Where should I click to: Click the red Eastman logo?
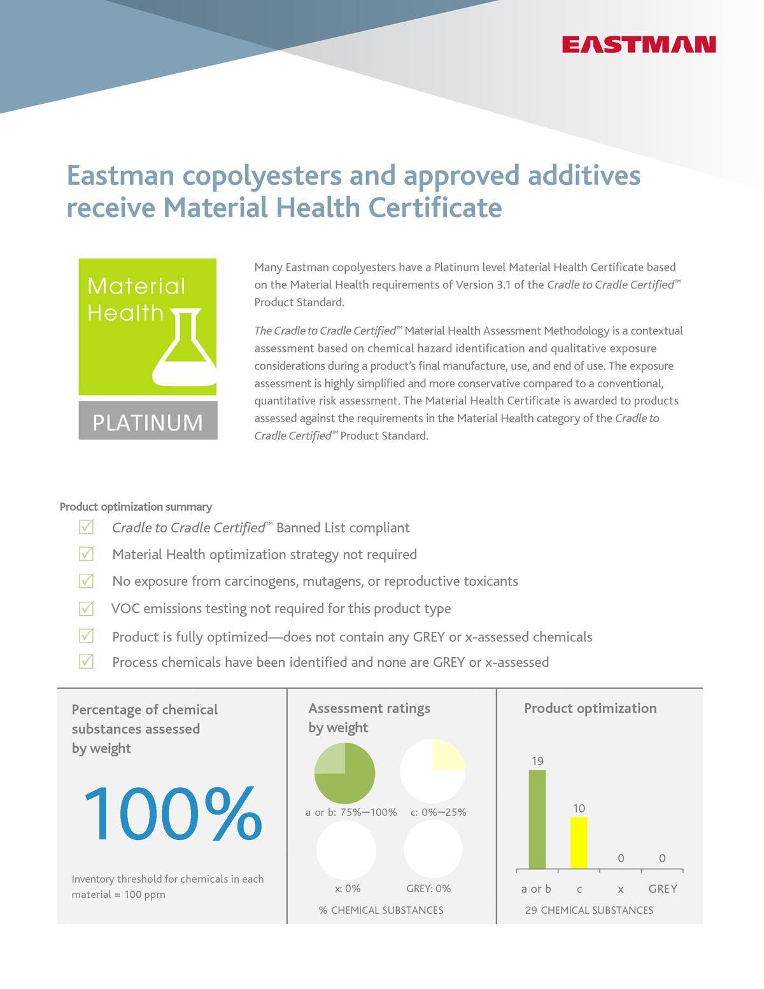click(639, 45)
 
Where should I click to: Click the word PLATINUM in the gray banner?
click(148, 422)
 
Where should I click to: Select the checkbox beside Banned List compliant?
click(87, 527)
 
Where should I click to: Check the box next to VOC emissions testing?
click(87, 608)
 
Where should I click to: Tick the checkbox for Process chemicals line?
click(87, 662)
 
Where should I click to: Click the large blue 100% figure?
click(172, 815)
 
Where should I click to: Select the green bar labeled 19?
click(537, 819)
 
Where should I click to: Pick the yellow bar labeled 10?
click(579, 843)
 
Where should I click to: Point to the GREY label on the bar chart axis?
click(662, 889)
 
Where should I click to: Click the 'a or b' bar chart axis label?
click(536, 889)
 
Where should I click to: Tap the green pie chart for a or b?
click(344, 773)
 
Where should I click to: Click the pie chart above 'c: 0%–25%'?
click(432, 771)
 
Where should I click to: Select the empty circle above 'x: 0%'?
click(346, 850)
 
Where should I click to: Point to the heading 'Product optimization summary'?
click(136, 507)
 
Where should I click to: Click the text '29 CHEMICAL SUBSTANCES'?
click(589, 911)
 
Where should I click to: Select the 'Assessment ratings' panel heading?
click(369, 708)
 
